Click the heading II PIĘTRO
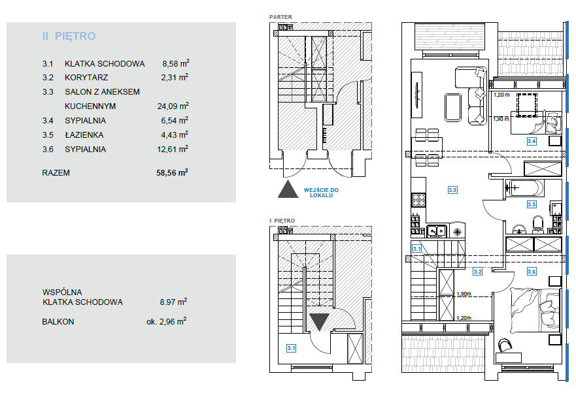pyautogui.click(x=69, y=36)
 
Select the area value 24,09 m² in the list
pyautogui.click(x=173, y=106)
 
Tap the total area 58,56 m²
pyautogui.click(x=172, y=172)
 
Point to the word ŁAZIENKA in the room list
pyautogui.click(x=84, y=135)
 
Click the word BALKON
pyautogui.click(x=58, y=322)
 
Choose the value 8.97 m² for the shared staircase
pyautogui.click(x=173, y=302)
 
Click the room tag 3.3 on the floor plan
pyautogui.click(x=452, y=190)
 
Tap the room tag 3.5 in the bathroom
pyautogui.click(x=532, y=204)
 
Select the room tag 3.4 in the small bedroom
pyautogui.click(x=532, y=141)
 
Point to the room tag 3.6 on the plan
pyautogui.click(x=532, y=272)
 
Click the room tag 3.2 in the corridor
pyautogui.click(x=477, y=272)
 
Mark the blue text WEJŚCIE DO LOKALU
pyautogui.click(x=321, y=193)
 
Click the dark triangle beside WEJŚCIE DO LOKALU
pyautogui.click(x=288, y=189)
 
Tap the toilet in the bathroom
pyautogui.click(x=538, y=224)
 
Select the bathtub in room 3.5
pyautogui.click(x=524, y=188)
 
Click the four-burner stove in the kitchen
pyautogui.click(x=418, y=200)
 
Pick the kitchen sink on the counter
pyautogui.click(x=436, y=231)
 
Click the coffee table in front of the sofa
pyautogui.click(x=453, y=107)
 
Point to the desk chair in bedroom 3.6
pyautogui.click(x=505, y=345)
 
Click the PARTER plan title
pyautogui.click(x=280, y=17)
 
